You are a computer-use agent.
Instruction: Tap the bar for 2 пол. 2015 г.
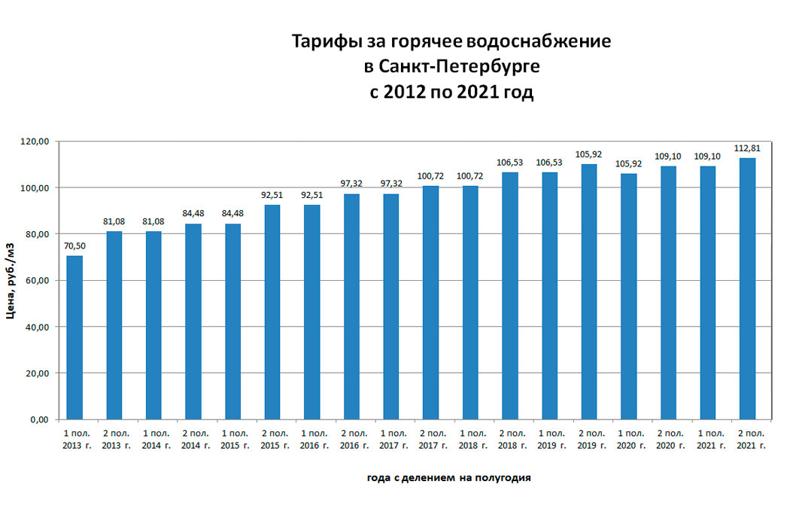(272, 312)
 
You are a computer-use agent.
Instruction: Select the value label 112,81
(747, 148)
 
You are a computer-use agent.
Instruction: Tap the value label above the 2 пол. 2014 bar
(193, 212)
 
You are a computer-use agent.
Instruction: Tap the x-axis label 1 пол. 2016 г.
(311, 440)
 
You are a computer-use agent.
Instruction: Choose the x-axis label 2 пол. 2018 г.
(509, 440)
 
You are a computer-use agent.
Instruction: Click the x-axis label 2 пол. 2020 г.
(667, 440)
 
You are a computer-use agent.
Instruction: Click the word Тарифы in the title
(324, 41)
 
